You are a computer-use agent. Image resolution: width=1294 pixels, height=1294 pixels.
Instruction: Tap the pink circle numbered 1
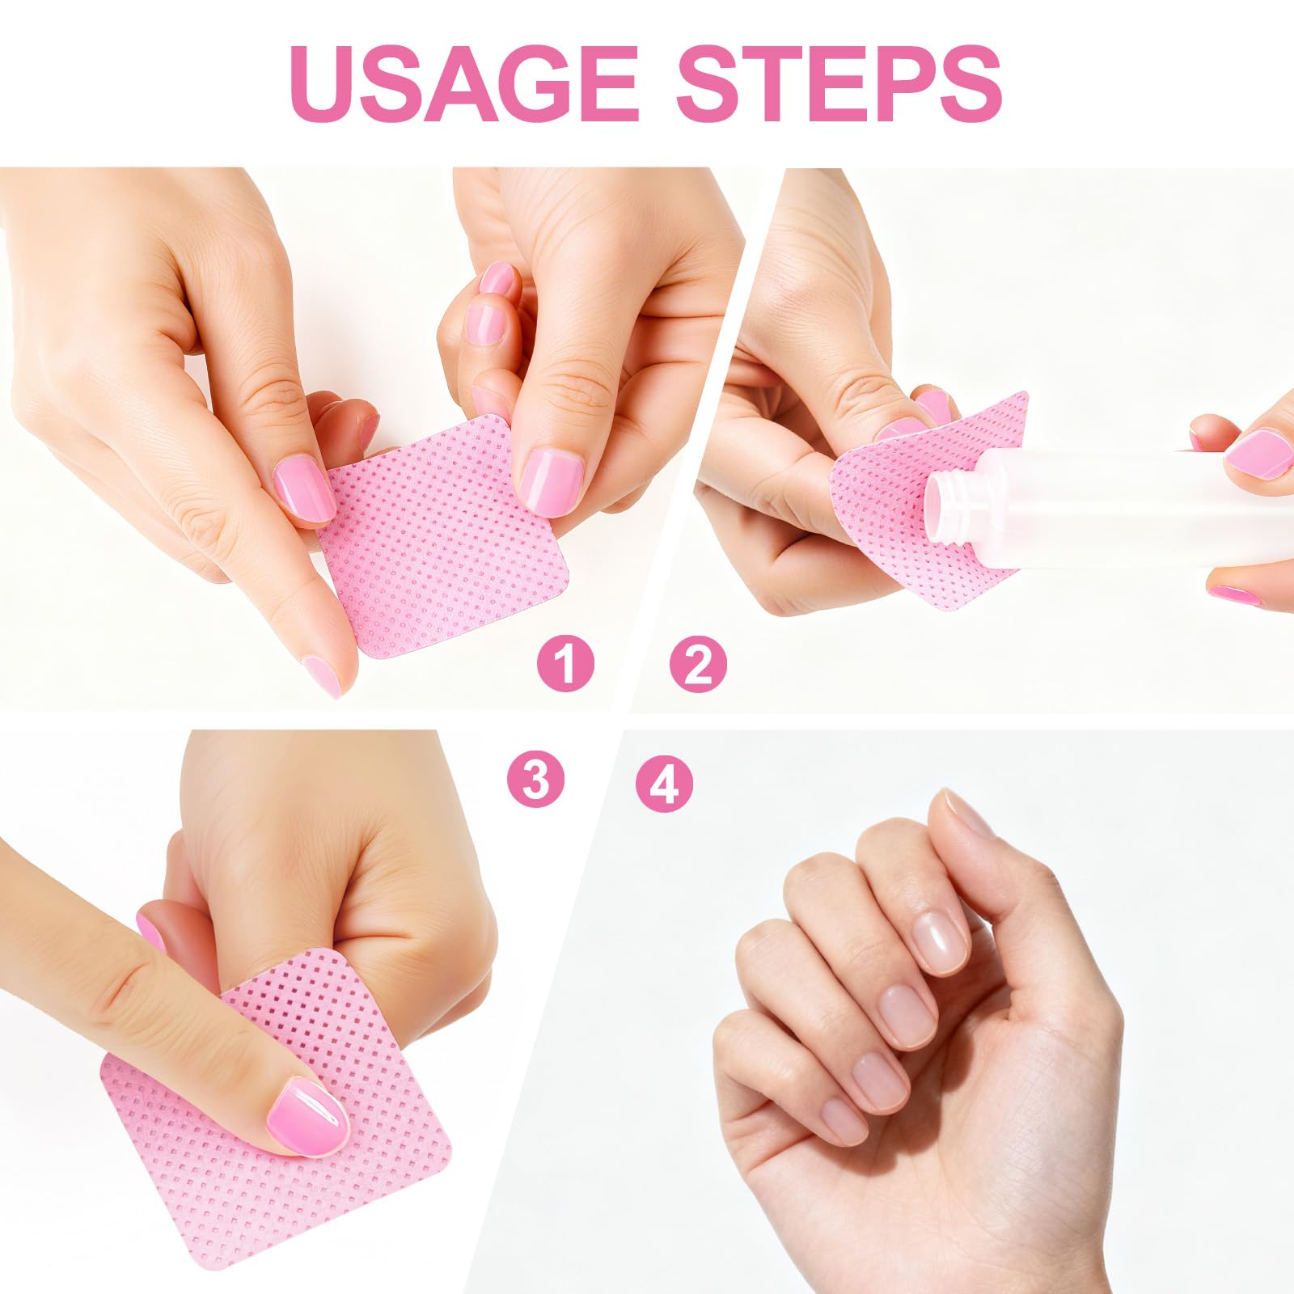[x=566, y=664]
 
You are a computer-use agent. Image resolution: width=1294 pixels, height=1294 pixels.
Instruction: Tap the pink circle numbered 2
[x=699, y=664]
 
